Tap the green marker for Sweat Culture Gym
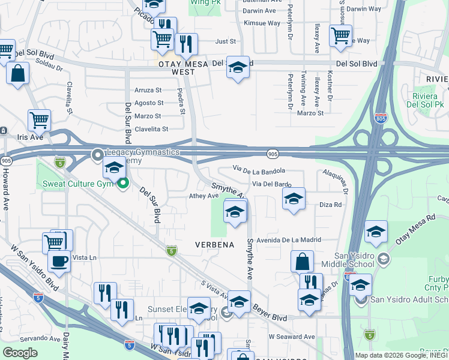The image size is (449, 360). coord(124,183)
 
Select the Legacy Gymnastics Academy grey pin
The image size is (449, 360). coord(97,155)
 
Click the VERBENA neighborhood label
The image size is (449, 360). coord(214,245)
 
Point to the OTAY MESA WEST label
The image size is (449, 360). coord(175,67)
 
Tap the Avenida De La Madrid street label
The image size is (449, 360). coord(288,240)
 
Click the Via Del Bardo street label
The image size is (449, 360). coord(271,184)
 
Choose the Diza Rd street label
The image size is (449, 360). coord(331,205)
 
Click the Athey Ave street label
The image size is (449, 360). coord(203,196)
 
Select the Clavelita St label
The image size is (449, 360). coord(151,128)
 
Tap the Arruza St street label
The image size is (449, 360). coord(148,90)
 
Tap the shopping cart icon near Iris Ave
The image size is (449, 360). coord(39,120)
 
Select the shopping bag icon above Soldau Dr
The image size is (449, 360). coord(18,74)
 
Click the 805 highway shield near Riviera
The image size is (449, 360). coord(380,119)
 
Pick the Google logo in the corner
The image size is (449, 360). coord(20,352)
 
